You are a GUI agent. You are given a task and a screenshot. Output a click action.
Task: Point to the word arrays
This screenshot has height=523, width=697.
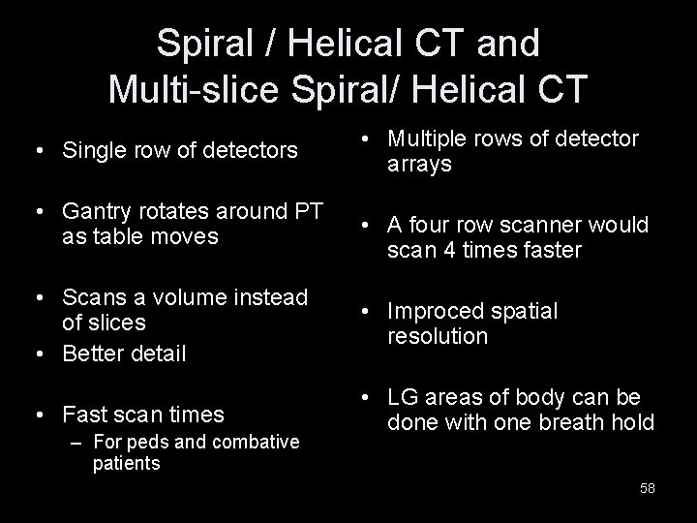coord(419,165)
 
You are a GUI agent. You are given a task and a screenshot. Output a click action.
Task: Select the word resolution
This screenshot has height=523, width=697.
coord(438,336)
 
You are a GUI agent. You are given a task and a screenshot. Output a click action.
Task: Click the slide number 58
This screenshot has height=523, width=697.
coord(647,488)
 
